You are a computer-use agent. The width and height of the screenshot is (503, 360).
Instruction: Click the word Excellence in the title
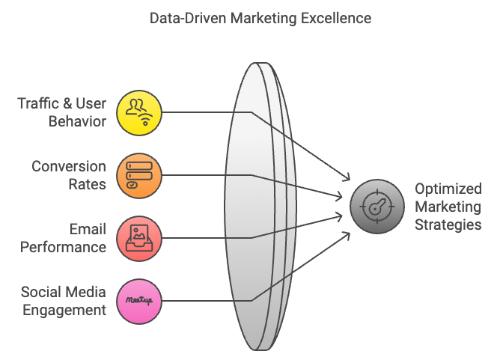coord(335,18)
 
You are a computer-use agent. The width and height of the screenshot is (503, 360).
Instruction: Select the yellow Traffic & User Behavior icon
coord(140,113)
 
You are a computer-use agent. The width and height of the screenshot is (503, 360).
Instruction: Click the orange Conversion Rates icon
coord(140,176)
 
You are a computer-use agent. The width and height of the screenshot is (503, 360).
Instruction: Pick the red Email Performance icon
coord(140,238)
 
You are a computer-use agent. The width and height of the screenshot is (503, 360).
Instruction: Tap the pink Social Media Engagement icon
coord(140,301)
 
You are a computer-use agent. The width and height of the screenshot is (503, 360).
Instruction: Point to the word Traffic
coord(41,103)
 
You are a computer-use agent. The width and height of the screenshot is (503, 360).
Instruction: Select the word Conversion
coord(68,166)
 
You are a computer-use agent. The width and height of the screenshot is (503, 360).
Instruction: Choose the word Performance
coord(64,246)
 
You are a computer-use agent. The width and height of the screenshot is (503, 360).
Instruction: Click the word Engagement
coord(64,310)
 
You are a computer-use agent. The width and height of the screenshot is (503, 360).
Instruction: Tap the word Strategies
coord(448,224)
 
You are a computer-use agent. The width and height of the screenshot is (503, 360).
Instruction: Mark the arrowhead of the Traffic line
coord(348,180)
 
